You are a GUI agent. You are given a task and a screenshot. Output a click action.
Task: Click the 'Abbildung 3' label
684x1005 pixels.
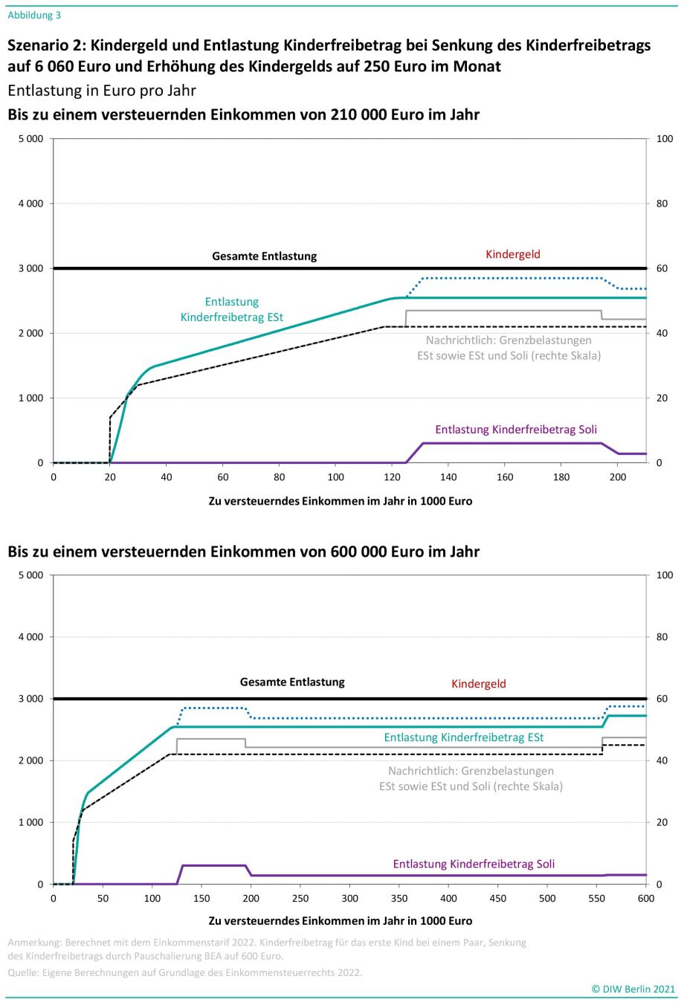pos(34,15)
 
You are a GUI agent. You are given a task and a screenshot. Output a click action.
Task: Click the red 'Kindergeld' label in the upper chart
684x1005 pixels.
pos(513,254)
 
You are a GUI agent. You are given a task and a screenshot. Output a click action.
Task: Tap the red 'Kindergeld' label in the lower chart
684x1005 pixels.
pos(479,684)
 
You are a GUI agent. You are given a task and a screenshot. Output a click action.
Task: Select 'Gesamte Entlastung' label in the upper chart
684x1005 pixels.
pos(265,256)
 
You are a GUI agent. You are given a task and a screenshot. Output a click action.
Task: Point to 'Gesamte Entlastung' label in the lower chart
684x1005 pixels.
pos(292,682)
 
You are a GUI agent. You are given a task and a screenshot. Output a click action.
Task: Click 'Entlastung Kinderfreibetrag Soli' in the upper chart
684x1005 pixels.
pos(516,430)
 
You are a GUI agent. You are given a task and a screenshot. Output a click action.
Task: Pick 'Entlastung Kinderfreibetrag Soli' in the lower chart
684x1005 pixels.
pos(474,864)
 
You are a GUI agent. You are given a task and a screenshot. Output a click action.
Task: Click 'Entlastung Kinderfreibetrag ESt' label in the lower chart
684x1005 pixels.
pos(463,737)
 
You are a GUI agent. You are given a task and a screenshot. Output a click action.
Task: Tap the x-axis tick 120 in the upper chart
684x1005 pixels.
pos(392,477)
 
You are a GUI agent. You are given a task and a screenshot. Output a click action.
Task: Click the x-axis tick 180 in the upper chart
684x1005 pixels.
pos(561,477)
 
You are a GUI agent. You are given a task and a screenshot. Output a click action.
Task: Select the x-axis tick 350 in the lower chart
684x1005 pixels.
pos(399,899)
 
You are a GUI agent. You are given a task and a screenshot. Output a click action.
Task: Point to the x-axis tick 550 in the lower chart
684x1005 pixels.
pos(597,899)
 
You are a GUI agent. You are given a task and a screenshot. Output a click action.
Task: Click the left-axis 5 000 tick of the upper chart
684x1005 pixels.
pos(30,139)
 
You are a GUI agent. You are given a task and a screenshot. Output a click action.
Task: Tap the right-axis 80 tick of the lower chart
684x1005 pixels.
pos(662,637)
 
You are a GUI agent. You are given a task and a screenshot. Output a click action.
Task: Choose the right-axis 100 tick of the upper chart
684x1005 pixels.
pos(665,139)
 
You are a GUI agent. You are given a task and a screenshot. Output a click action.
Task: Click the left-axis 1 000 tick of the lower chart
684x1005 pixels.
pos(30,823)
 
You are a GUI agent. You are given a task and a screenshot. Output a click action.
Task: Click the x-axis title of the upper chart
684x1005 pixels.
pos(340,501)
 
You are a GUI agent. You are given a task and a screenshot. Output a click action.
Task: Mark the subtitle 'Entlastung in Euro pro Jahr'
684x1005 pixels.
pos(102,91)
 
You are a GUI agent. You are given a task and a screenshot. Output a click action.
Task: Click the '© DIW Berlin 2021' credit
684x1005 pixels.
pos(633,989)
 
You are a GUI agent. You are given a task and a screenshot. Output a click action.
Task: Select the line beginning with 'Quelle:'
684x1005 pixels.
pos(185,972)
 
